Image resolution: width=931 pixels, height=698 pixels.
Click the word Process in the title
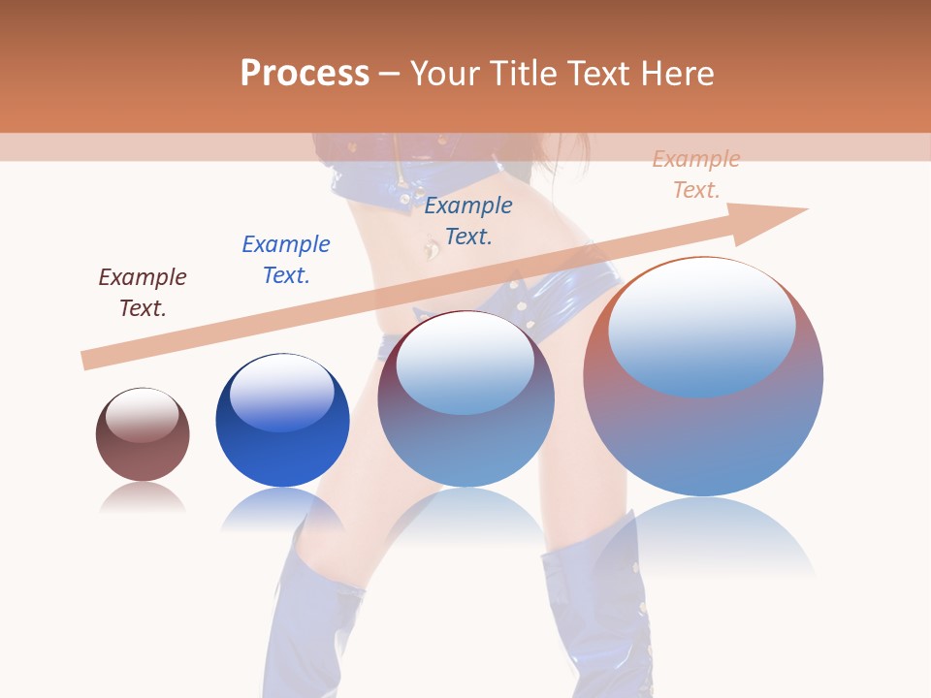click(305, 74)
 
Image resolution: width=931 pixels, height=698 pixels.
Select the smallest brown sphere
click(143, 434)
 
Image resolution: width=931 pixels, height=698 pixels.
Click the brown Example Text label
click(143, 293)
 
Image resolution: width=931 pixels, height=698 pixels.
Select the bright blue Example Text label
click(286, 260)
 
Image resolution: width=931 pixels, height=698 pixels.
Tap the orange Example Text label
click(696, 174)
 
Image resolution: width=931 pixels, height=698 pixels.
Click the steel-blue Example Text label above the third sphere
click(468, 221)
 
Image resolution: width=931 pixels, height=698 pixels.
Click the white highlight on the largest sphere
click(702, 325)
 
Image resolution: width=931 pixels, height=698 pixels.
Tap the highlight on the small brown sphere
click(143, 416)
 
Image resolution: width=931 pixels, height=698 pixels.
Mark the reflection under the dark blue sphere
click(282, 509)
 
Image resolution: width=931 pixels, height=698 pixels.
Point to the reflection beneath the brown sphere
click(143, 497)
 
